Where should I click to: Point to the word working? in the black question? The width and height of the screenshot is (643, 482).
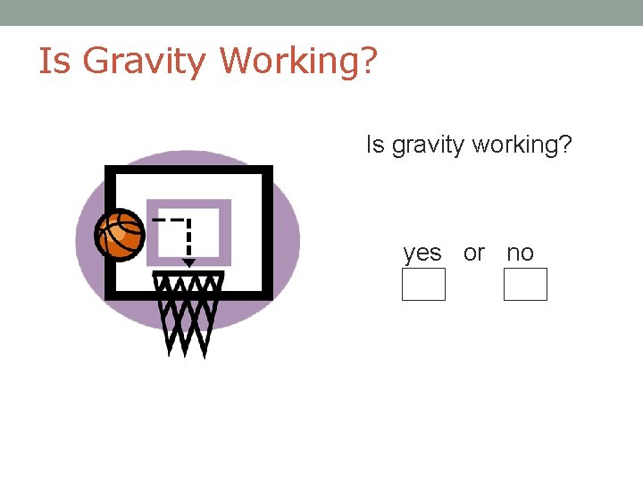[x=522, y=145]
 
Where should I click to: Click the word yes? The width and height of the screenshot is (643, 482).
[x=422, y=253]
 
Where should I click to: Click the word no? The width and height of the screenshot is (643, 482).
[x=520, y=253]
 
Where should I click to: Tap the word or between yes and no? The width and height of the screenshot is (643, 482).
[x=474, y=253]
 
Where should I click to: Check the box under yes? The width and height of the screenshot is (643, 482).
[x=423, y=285]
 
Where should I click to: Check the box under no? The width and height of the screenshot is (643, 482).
[x=525, y=285]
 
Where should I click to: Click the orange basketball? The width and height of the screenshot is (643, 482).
[x=120, y=234]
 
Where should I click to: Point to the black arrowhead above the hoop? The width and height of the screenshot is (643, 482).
[x=188, y=262]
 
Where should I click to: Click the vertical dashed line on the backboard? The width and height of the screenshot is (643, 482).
[x=188, y=238]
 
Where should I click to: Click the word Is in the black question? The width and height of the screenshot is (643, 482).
[x=372, y=145]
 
